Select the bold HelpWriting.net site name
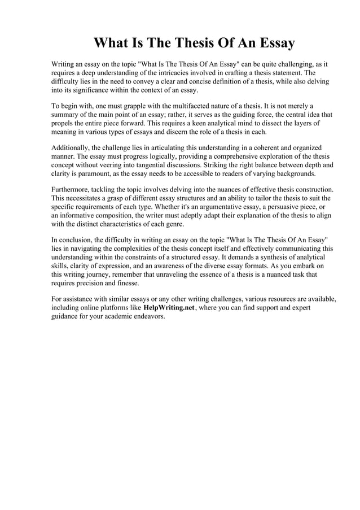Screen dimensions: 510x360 click(168, 308)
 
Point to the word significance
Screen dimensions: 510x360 click(84, 90)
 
